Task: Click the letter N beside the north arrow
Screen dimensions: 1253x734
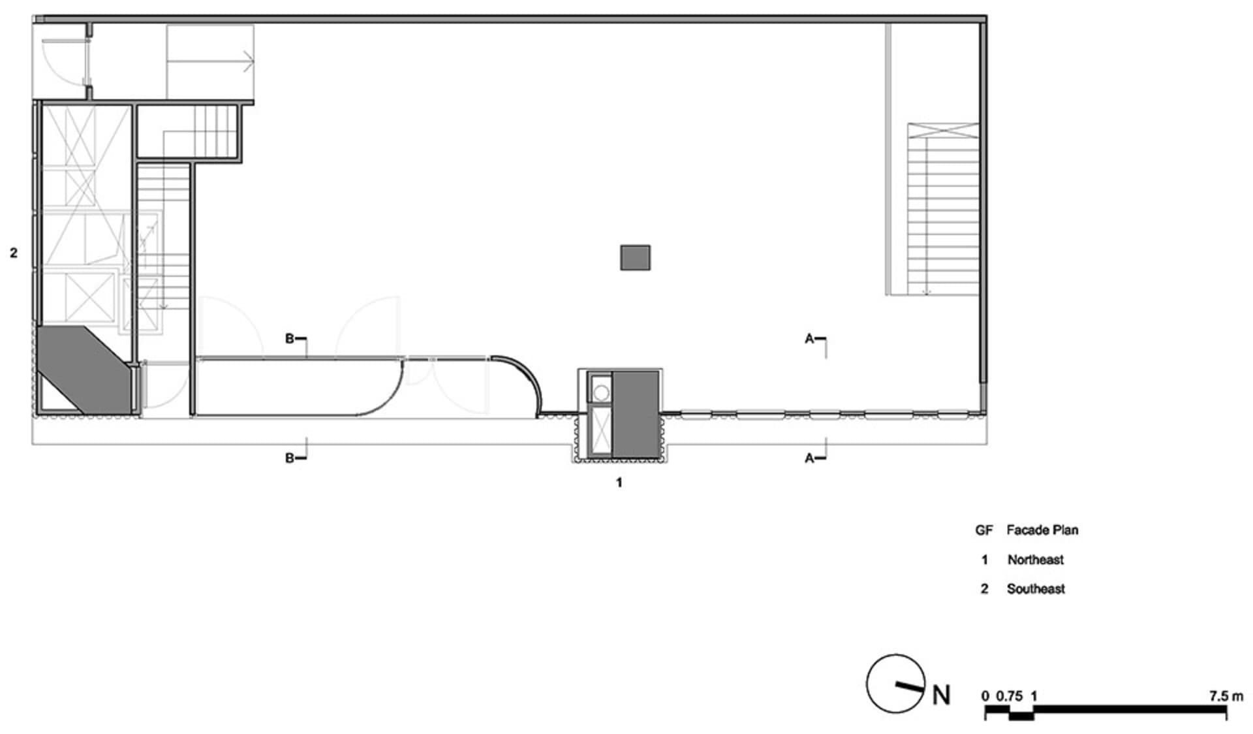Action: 941,695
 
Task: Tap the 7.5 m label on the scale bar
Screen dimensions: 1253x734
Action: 1225,696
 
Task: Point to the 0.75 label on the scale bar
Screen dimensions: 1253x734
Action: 1009,696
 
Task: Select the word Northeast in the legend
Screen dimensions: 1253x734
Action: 1035,560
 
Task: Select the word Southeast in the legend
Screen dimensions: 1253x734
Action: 1036,589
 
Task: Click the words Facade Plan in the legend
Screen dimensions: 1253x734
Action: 1042,530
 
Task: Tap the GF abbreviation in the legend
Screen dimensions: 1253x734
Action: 983,530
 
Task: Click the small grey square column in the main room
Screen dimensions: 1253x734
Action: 635,257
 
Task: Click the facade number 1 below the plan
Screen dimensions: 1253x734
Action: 619,483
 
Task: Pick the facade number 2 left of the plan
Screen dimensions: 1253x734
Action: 14,253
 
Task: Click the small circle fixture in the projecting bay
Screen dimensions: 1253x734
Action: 601,392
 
